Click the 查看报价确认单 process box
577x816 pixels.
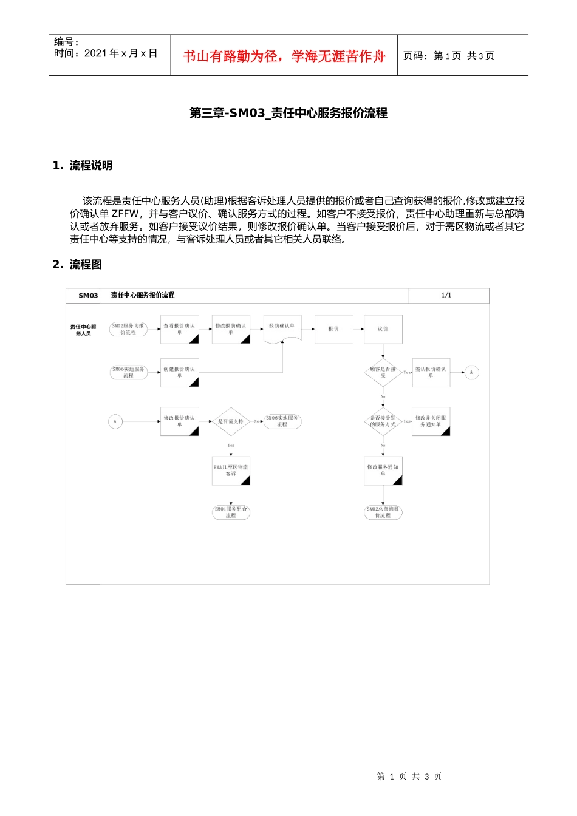(179, 329)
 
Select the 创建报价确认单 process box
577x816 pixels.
(179, 372)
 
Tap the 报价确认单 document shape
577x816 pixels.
(282, 328)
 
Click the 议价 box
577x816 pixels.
(383, 329)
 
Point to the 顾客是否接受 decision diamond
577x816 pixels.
(383, 372)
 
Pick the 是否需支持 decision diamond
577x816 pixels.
(231, 421)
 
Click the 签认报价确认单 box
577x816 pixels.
(431, 372)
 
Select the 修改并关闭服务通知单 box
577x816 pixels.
(431, 421)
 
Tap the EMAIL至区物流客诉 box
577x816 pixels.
(231, 471)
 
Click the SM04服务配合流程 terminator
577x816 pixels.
(231, 512)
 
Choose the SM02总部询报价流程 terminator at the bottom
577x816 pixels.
(383, 512)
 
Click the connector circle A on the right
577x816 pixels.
(471, 372)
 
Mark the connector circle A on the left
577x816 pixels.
(115, 421)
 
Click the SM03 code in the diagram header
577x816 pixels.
(88, 296)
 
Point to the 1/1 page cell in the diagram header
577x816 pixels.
(447, 295)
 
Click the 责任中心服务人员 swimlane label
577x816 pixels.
(83, 330)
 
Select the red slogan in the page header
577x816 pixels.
(284, 56)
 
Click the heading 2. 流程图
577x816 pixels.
(77, 264)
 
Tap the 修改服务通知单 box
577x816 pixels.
(383, 471)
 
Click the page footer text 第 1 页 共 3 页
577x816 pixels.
(409, 777)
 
